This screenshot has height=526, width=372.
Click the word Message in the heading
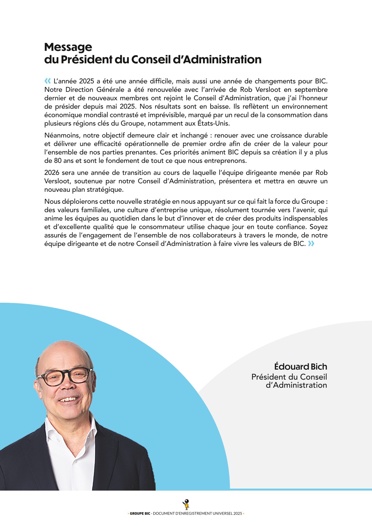(x=68, y=47)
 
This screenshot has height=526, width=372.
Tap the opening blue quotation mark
(x=48, y=81)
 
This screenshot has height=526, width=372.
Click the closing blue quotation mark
(x=311, y=244)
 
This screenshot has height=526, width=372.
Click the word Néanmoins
(x=62, y=136)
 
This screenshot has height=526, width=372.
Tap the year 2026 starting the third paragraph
(x=52, y=173)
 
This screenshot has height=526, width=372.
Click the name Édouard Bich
(x=300, y=367)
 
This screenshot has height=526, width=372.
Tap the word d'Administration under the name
(x=296, y=385)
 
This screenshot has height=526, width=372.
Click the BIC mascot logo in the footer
(x=186, y=504)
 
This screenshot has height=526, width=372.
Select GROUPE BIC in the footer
(x=140, y=514)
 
